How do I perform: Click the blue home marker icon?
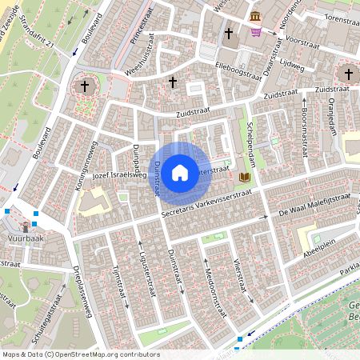tap(180, 171)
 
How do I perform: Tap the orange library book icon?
tap(245, 175)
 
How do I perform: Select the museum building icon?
tap(254, 17)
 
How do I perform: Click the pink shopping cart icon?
tap(256, 33)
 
